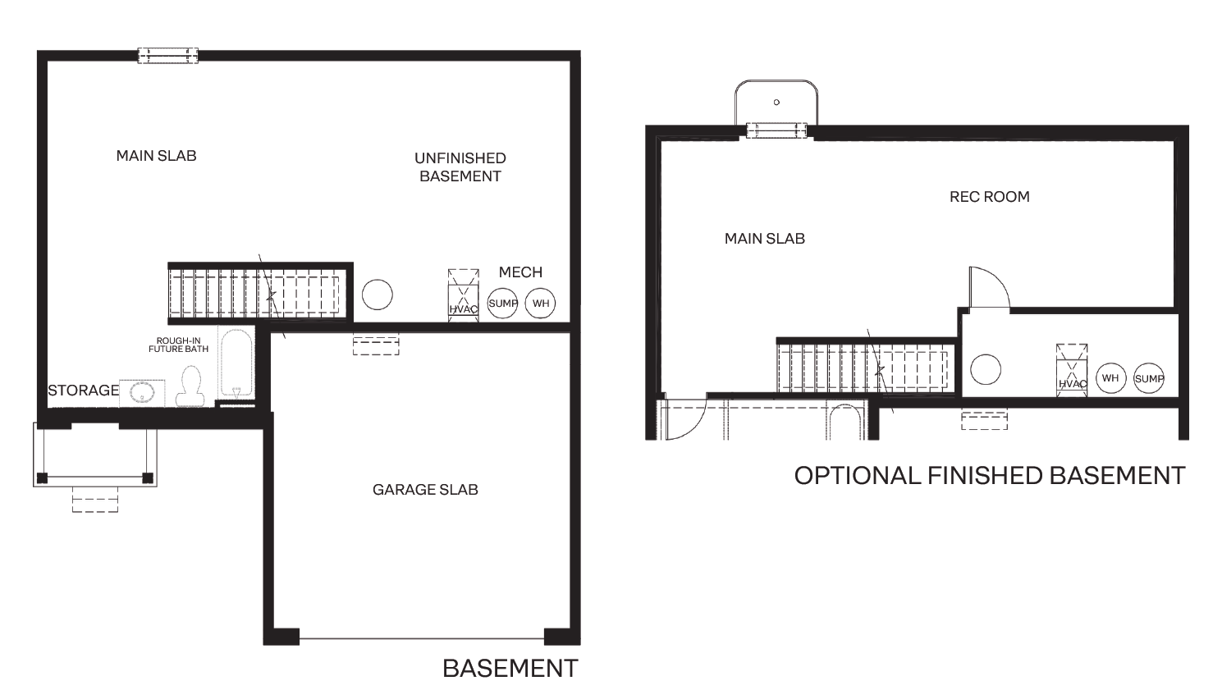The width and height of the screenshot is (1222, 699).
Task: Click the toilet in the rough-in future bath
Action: pos(190,386)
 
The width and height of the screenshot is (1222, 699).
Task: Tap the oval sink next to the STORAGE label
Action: pos(142,392)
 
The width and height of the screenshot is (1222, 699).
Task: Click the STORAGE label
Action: pos(83,391)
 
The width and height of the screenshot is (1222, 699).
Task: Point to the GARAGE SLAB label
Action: pos(425,490)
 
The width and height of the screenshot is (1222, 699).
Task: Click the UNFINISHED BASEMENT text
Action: pos(460,167)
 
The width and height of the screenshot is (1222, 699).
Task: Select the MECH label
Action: pos(520,272)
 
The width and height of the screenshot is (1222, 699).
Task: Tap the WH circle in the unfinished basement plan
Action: pos(540,304)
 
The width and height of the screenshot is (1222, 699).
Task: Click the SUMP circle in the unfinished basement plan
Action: pos(503,304)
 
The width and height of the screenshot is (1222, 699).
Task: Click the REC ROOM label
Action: pos(989,197)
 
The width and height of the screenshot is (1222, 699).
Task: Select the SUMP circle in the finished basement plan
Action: pos(1149,378)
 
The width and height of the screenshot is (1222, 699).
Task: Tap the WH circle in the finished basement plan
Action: pos(1110,378)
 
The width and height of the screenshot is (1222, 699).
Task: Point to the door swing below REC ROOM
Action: pos(987,289)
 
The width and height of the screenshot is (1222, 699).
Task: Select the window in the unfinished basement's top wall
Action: pos(167,56)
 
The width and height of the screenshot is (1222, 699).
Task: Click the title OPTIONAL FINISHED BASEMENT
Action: pos(989,476)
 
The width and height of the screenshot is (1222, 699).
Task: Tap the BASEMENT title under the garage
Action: pos(510,669)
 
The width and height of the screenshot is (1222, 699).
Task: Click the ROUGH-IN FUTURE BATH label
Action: pos(178,345)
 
